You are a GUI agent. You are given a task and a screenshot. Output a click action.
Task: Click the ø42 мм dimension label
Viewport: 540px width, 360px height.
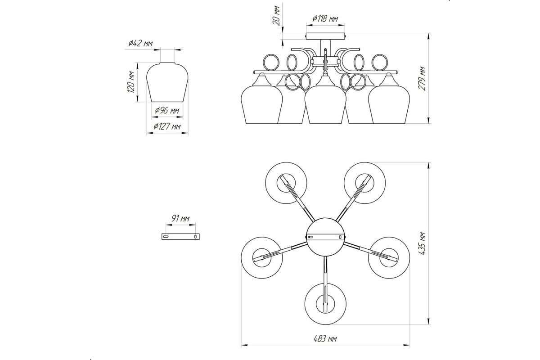(x=140, y=43)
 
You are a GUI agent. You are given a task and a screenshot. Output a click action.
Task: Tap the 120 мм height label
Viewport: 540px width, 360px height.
(x=130, y=82)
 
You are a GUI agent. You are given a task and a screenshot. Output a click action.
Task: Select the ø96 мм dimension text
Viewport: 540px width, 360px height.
(x=167, y=110)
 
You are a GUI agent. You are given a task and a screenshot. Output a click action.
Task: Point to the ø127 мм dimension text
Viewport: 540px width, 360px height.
(x=167, y=126)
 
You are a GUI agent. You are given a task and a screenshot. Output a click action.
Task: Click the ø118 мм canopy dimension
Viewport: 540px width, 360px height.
(x=325, y=18)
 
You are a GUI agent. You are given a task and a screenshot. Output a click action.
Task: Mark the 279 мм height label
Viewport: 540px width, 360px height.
(x=422, y=78)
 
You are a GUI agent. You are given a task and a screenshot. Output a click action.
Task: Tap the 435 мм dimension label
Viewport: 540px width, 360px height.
(x=422, y=243)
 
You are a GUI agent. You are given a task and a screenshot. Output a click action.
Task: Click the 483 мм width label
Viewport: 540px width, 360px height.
(x=325, y=339)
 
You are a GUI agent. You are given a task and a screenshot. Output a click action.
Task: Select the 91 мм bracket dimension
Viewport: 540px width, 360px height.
(x=180, y=218)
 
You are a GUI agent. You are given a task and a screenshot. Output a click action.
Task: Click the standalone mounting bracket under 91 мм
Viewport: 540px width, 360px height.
(x=180, y=237)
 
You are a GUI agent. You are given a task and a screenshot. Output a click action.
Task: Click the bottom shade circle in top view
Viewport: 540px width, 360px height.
(x=325, y=304)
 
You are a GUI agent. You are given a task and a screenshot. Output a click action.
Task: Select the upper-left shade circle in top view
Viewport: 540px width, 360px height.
(x=286, y=183)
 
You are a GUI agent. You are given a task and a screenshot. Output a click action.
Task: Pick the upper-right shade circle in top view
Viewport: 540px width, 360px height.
(x=365, y=183)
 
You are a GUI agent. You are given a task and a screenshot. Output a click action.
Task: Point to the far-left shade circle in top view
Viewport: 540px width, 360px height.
(x=262, y=258)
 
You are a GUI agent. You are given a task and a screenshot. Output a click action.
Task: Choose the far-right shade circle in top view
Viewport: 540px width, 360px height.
(x=389, y=258)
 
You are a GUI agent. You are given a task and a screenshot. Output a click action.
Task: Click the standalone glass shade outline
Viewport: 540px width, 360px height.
(x=167, y=82)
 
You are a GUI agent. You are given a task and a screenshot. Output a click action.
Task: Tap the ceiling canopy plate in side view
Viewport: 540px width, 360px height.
(x=325, y=36)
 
